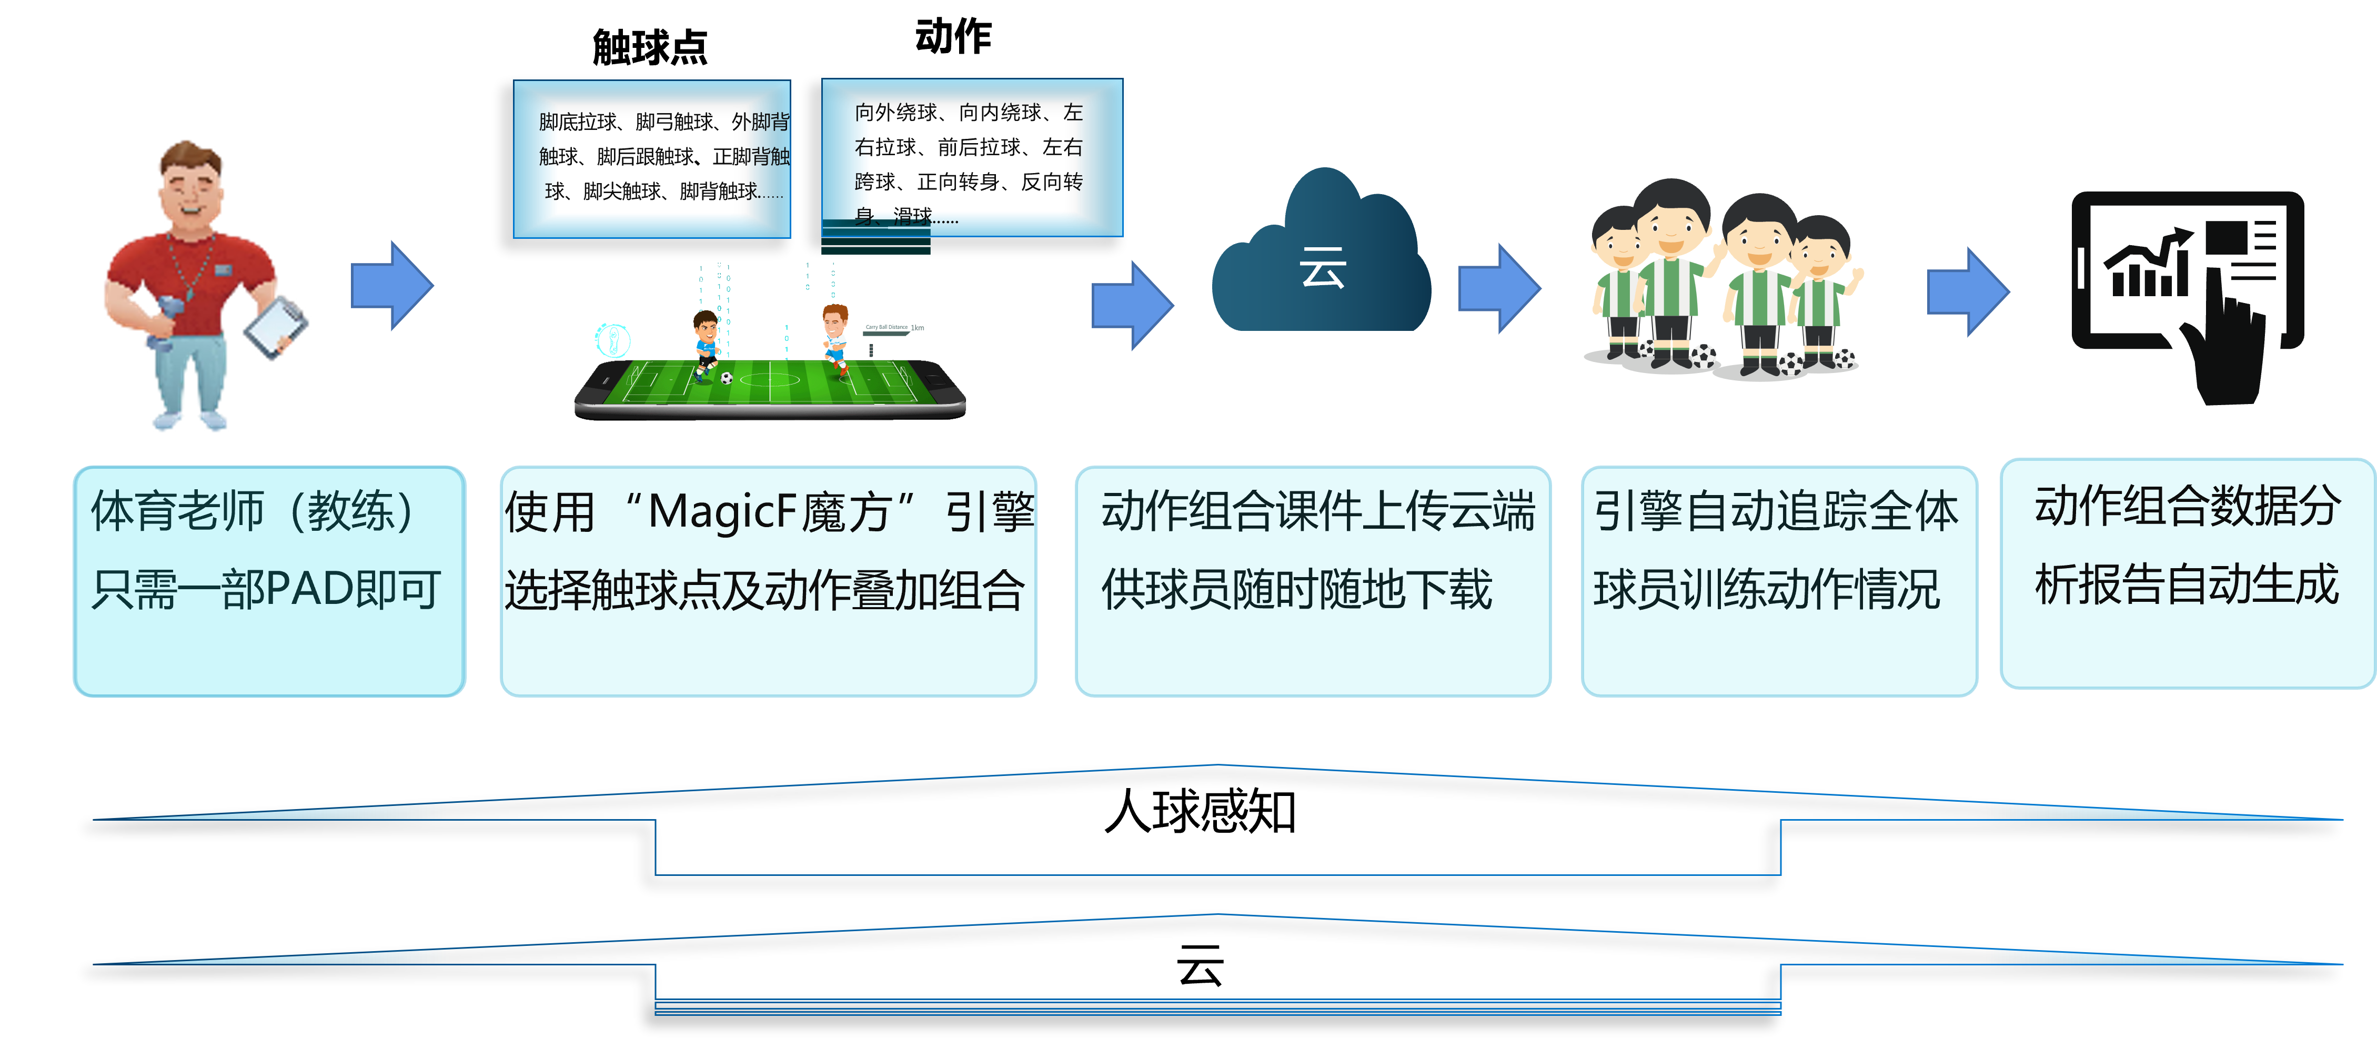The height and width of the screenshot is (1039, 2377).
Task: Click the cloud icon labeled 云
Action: (1322, 258)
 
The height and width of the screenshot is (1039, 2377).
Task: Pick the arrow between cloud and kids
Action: (1498, 288)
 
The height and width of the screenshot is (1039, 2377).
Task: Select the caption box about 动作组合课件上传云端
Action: (1312, 581)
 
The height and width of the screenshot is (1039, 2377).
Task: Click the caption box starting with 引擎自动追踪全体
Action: (1778, 581)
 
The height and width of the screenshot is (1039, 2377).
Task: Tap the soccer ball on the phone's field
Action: (727, 377)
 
